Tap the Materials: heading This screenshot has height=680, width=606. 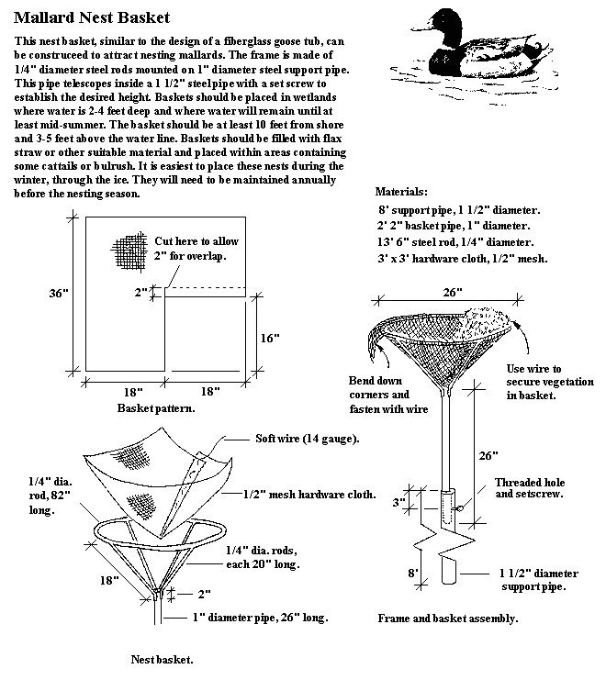pos(401,193)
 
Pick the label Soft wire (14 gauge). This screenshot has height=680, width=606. pos(306,438)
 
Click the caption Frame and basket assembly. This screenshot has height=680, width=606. pos(447,619)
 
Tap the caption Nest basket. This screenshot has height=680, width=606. pos(161,658)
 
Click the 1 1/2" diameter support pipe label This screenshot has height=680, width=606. pos(540,578)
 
